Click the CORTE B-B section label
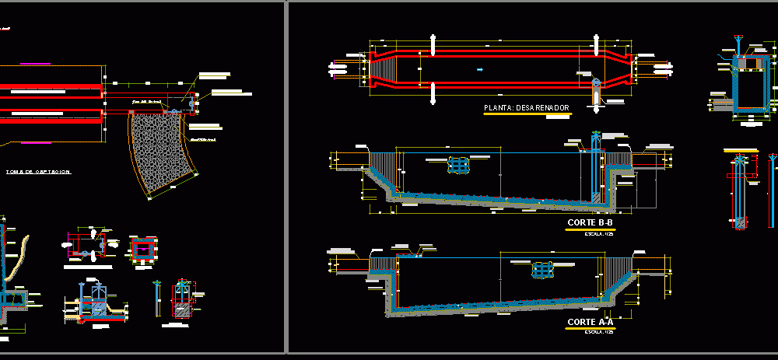pos(590,223)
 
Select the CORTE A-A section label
pos(590,321)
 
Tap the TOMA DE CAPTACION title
pos(38,172)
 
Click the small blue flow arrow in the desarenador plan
pos(479,70)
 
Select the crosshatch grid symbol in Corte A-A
pos(544,270)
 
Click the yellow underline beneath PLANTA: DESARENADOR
pos(526,114)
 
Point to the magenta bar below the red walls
pos(33,143)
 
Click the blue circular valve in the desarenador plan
pos(596,82)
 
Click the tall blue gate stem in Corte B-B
pos(596,163)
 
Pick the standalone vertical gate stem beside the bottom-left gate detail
pos(159,299)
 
